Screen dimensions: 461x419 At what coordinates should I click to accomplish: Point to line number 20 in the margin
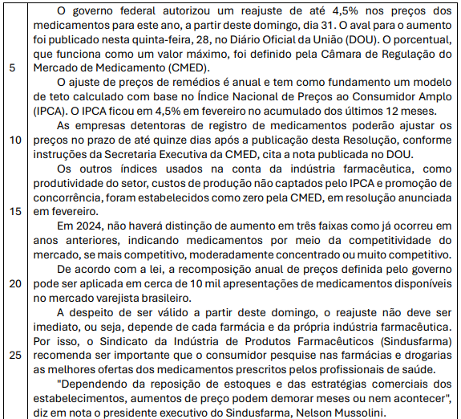point(14,283)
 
